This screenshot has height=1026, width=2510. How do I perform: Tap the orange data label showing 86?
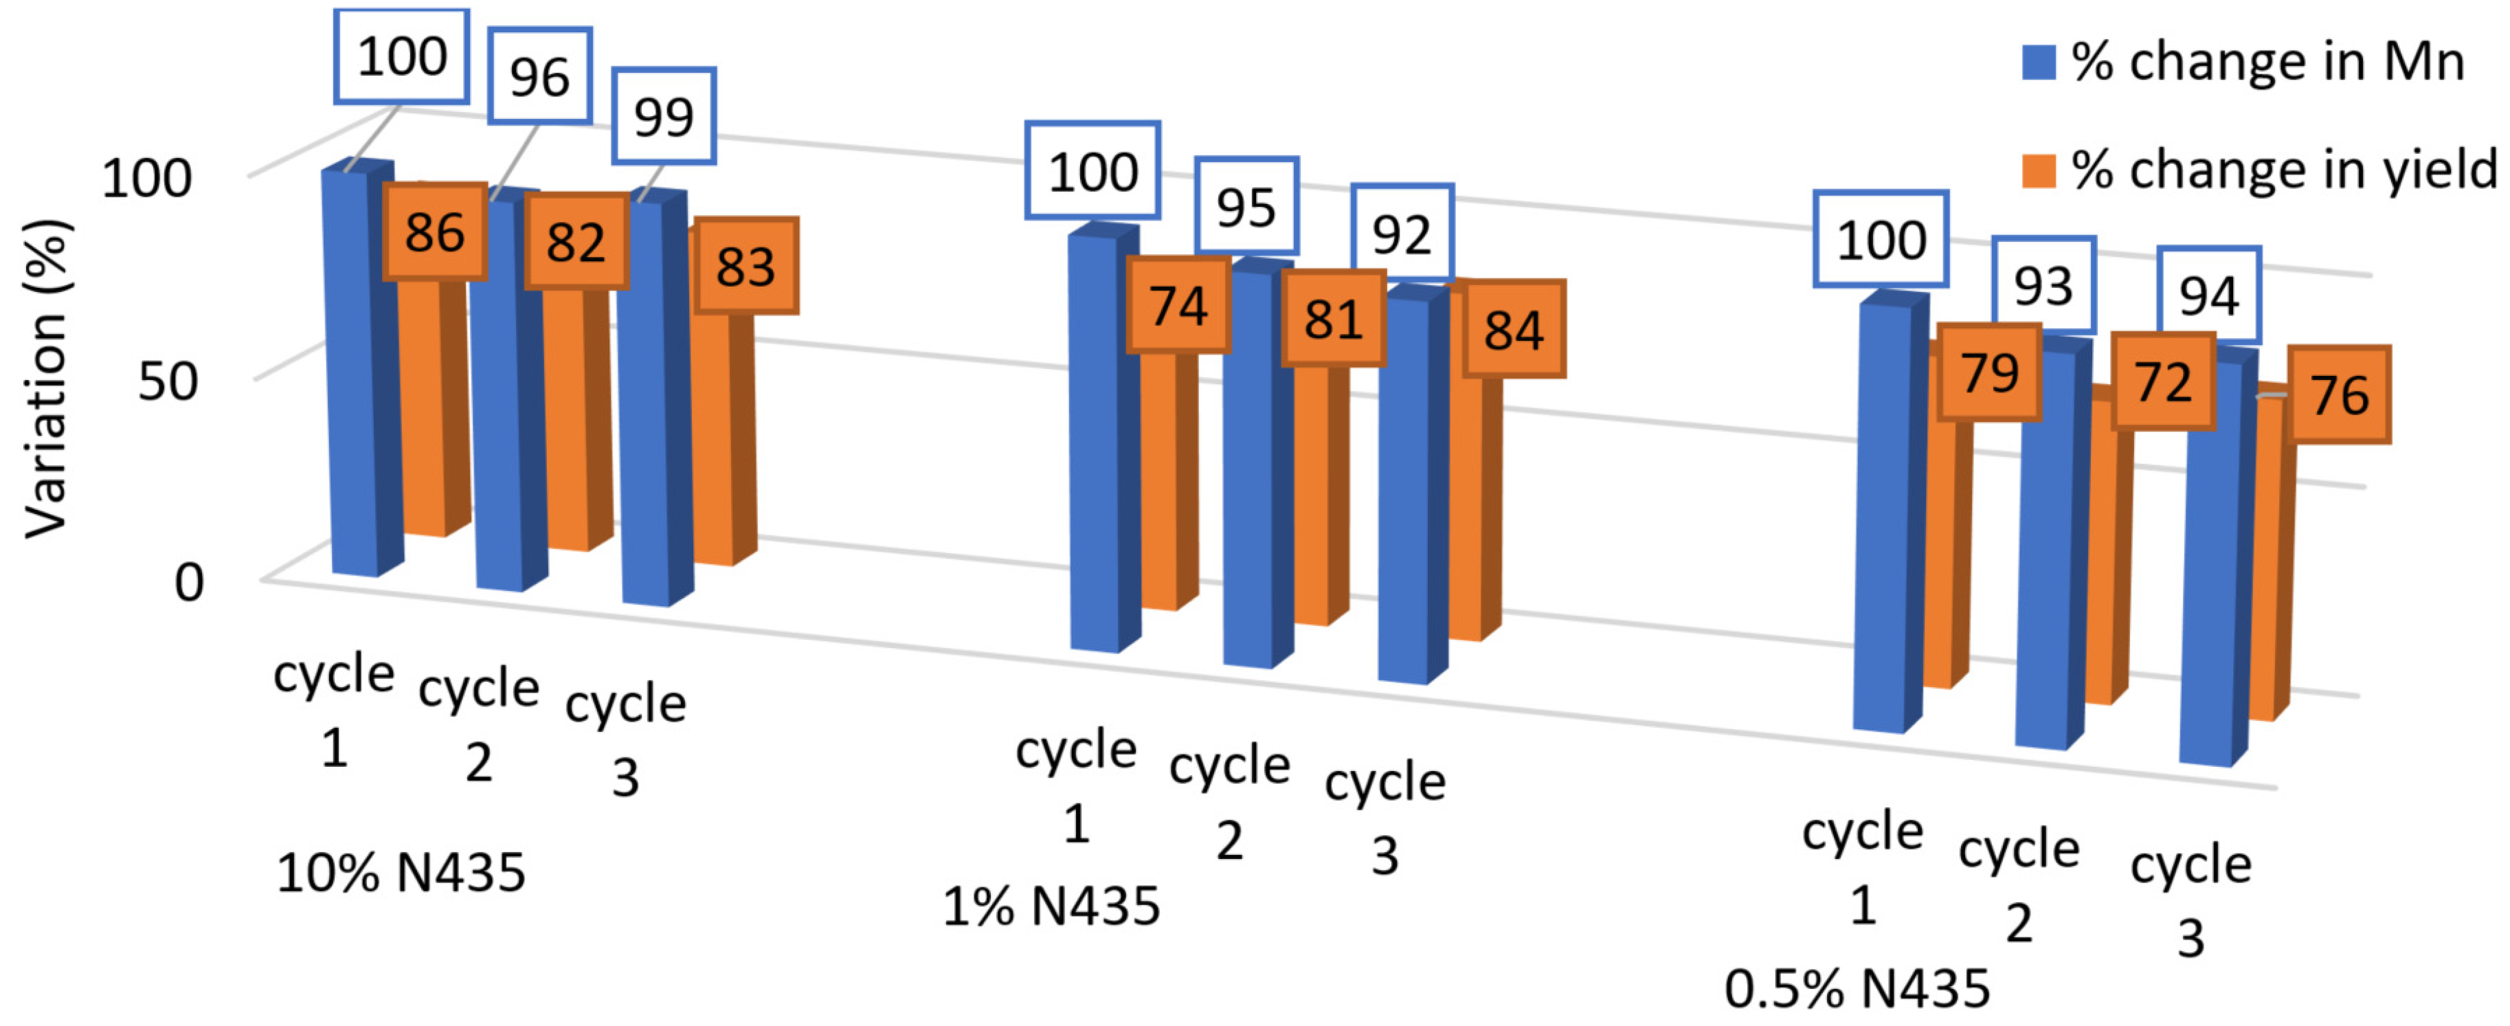434,232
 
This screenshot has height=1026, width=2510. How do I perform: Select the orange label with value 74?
1178,305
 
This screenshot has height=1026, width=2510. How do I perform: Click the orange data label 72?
2163,381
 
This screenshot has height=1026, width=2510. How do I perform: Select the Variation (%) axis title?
46,378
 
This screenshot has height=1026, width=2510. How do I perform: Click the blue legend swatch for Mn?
2039,63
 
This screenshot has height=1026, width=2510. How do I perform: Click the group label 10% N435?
401,872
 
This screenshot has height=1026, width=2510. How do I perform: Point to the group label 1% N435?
1051,906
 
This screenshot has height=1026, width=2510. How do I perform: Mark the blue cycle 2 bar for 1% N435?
1248,468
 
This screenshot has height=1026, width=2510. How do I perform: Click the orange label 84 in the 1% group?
1513,329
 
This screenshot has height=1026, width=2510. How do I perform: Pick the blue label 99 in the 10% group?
664,116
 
